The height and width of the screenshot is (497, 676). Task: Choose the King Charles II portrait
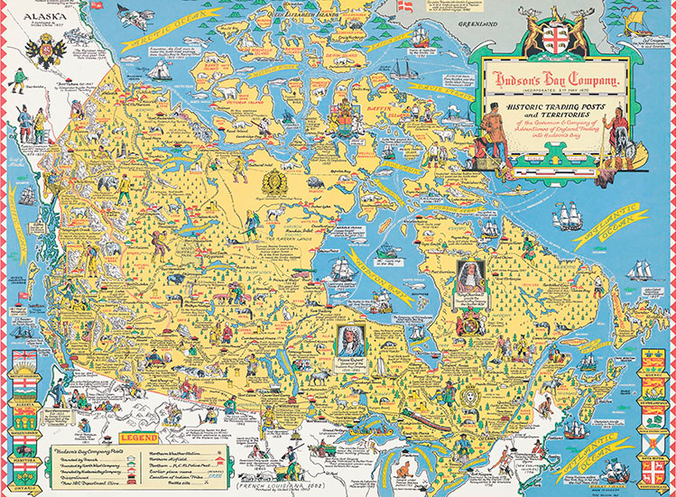pos(470,277)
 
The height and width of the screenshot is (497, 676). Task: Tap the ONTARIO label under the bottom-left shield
pos(24,493)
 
